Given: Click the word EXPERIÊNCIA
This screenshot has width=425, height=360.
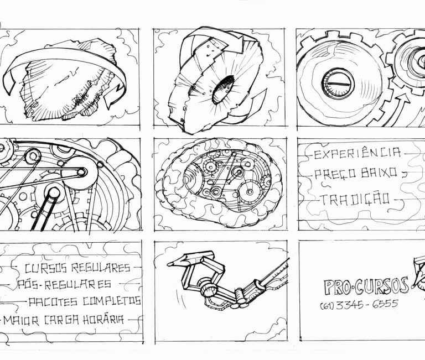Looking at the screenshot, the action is point(357,153).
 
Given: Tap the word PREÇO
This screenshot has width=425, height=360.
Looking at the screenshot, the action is point(332,174).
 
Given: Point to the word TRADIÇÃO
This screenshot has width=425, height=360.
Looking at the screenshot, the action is point(356,199).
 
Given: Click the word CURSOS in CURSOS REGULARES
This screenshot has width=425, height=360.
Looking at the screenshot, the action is point(45,268).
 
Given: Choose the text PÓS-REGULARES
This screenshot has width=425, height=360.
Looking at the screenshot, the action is point(65,284).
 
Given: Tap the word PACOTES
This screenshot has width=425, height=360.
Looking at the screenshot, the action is point(53,302).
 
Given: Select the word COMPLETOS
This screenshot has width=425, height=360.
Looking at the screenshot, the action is point(112,301).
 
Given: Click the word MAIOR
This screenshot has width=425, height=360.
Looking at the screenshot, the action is point(21,320).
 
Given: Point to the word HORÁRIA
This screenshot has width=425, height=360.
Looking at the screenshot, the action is point(103,320).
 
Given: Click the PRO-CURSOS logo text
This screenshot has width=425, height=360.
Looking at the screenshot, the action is point(366,286).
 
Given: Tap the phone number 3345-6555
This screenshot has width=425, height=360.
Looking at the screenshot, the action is point(367,304).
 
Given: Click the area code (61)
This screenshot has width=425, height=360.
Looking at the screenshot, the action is point(328,306).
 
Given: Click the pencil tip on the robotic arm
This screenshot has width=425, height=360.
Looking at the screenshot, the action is point(171,264).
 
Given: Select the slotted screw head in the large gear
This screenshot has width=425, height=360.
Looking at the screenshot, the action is point(338,83).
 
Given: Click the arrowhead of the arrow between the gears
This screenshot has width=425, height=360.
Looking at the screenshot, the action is point(404,97).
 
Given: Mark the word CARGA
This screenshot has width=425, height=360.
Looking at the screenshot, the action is point(61,320).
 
